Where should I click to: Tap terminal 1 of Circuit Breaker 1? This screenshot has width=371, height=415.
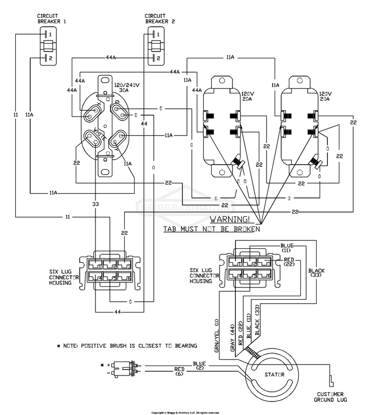(47, 35)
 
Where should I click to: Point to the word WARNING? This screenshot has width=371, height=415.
(230, 219)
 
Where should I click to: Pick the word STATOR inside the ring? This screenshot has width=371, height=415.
(274, 375)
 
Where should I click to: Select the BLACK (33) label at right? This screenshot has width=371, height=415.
(316, 274)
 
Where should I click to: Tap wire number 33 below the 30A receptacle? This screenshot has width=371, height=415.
(95, 203)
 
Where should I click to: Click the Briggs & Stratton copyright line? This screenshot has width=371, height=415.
(185, 412)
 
